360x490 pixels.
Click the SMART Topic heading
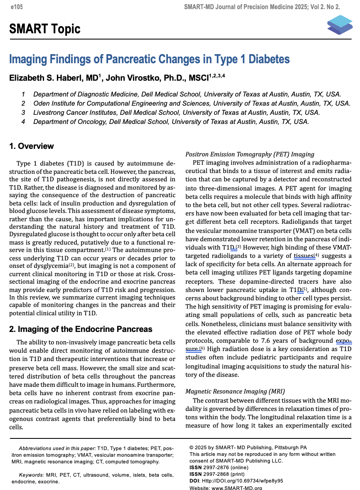coord(45,29)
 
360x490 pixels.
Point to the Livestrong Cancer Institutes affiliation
coord(176,112)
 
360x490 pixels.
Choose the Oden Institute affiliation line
coord(192,103)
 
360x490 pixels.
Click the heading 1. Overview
coord(32,146)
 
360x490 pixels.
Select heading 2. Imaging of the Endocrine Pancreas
coord(81,329)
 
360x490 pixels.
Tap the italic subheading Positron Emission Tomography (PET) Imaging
coord(249,154)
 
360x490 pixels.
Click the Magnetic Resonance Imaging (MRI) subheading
coord(235,391)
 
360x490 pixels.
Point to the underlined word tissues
coord(303,256)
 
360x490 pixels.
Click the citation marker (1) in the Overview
coord(108,250)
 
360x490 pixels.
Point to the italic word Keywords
coord(31,475)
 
